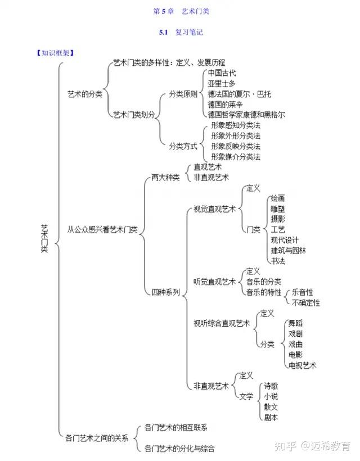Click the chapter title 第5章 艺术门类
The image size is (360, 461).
point(181,11)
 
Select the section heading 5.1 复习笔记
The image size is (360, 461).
point(181,33)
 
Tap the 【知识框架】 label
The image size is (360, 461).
point(56,53)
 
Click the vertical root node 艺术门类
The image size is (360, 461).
point(44,238)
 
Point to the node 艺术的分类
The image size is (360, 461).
point(84,94)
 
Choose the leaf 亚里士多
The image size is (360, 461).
point(221,84)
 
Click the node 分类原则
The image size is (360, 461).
point(183,94)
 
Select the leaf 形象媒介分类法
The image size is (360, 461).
point(235,157)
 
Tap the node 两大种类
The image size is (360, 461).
point(165,178)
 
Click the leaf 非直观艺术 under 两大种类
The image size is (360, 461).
point(211,178)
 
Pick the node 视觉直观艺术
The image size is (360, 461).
point(214,209)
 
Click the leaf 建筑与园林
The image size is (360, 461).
point(289,251)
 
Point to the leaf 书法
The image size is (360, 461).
point(278,261)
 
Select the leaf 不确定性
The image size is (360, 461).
point(306,302)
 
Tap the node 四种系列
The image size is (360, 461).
point(165,292)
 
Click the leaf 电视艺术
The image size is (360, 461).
point(302,365)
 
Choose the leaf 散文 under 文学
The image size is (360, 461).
point(271,406)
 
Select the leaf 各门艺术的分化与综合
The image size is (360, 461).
point(179,448)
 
